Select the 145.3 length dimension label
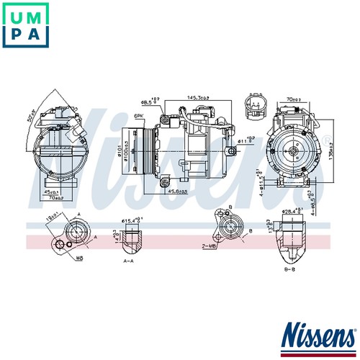point(199,98)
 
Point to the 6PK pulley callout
point(138,115)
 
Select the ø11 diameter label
point(246,143)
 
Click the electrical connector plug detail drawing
point(255,107)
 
